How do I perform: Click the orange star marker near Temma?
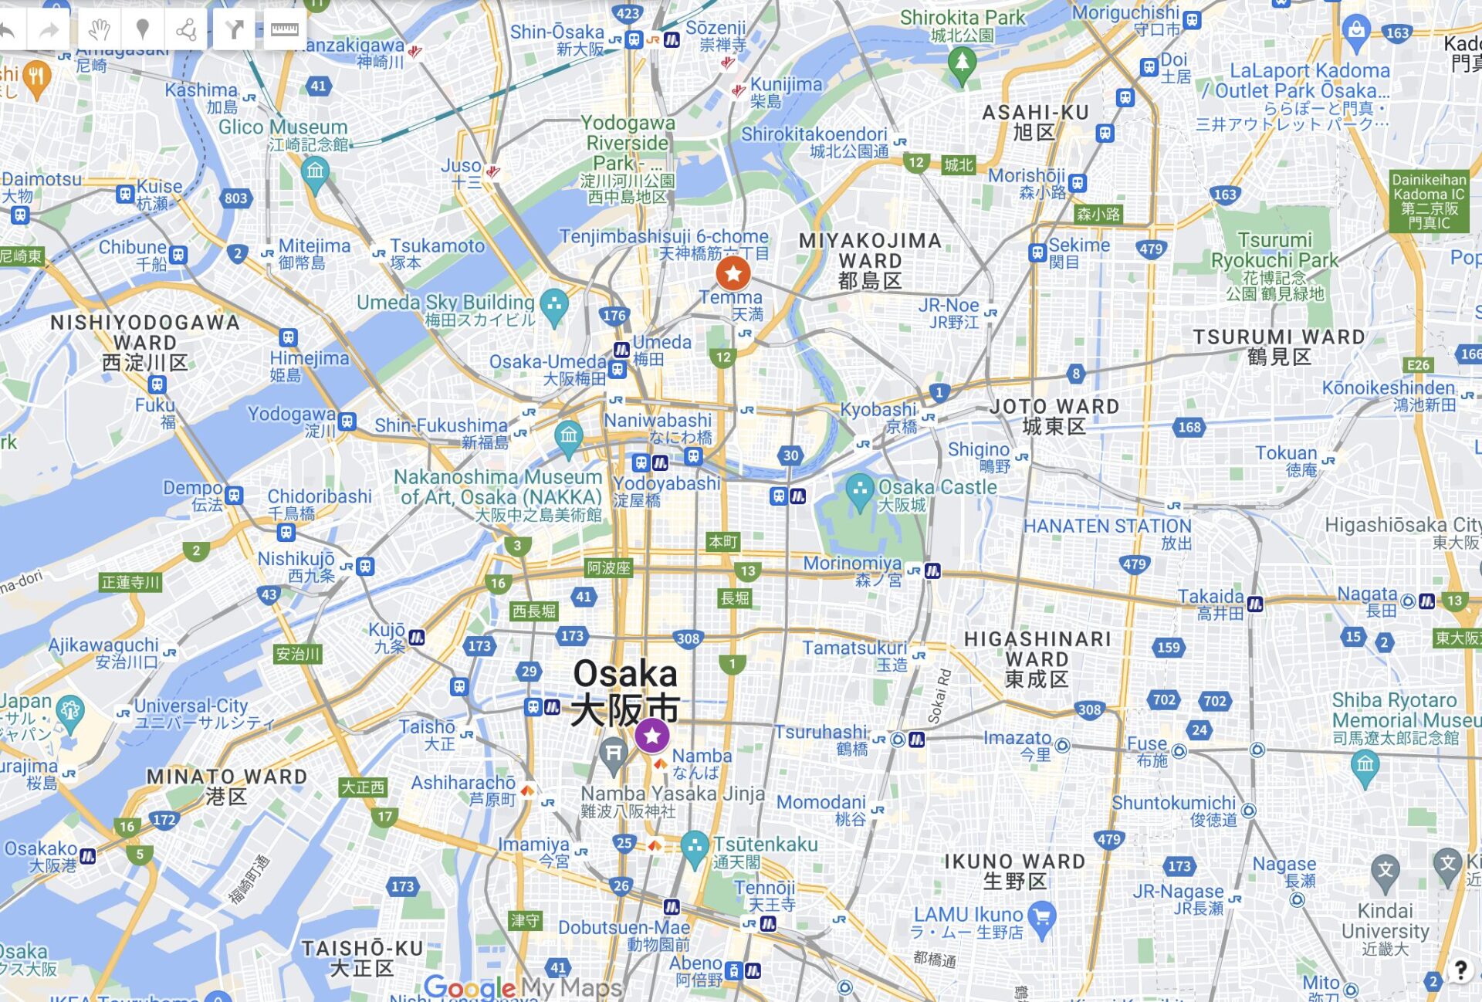coord(733,273)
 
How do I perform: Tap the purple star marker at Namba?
coord(652,735)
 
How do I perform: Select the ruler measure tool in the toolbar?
coord(284,29)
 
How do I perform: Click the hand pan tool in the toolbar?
coord(99,29)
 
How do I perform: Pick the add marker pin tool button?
coord(142,29)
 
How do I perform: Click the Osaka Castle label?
coord(937,488)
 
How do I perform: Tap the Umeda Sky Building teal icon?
coord(554,306)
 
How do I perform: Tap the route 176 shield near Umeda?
coord(614,315)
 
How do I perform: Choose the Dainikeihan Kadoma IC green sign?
coord(1428,201)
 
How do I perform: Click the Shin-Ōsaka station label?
coord(557,32)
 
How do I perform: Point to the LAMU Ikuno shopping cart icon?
coord(1042,918)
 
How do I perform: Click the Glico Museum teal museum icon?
coord(315,171)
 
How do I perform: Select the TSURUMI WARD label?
coord(1279,337)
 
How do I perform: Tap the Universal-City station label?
coord(191,706)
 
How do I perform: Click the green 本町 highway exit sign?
coord(723,542)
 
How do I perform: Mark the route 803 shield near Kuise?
coord(236,198)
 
